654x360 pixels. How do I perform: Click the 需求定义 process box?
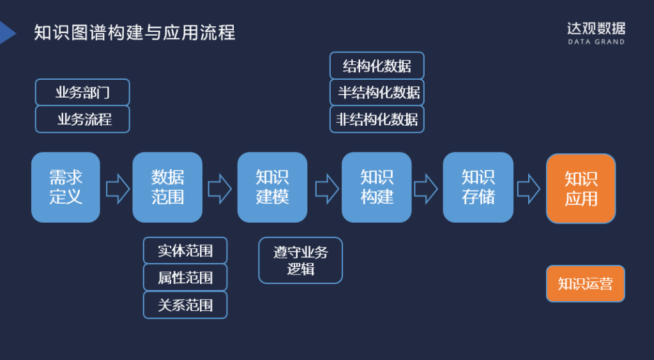(66, 187)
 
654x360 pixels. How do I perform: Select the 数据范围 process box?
(167, 187)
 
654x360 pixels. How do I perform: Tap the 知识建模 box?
(272, 187)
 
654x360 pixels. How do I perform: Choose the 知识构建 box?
(376, 187)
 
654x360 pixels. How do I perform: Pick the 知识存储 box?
(478, 187)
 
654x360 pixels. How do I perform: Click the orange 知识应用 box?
(581, 188)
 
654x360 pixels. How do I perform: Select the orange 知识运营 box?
(585, 283)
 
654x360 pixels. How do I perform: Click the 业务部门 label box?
(82, 93)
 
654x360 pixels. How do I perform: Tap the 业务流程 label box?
(82, 119)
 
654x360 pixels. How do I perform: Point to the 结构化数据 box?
(377, 66)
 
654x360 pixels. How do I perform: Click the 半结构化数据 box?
(377, 93)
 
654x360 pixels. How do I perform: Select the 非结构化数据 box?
(377, 119)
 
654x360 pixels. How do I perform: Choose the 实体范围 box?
(185, 251)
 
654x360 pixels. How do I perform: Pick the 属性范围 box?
(185, 278)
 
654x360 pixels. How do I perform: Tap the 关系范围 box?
(185, 305)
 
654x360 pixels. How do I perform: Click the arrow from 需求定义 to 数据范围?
(118, 188)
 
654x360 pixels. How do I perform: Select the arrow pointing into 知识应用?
(528, 188)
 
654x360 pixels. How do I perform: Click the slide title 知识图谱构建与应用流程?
(134, 32)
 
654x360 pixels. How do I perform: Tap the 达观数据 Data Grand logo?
(596, 33)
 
